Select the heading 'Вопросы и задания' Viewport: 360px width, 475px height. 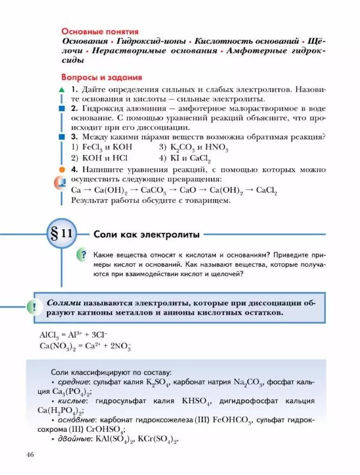[101, 77]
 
